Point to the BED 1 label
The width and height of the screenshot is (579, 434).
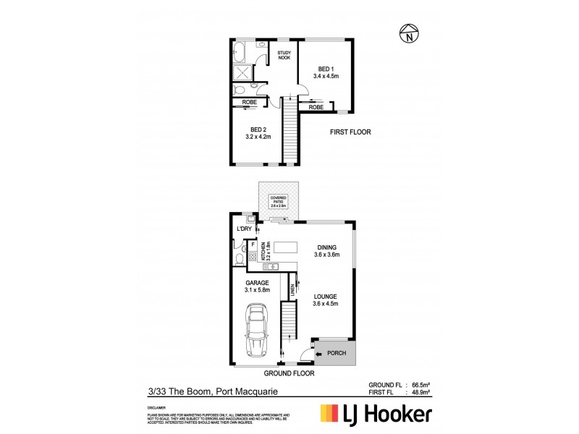point(326,69)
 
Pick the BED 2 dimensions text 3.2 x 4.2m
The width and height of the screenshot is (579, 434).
point(258,135)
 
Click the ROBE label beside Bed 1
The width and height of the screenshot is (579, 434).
point(316,107)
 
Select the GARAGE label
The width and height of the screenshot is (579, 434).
point(256,283)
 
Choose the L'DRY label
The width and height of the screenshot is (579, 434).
point(243,230)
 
